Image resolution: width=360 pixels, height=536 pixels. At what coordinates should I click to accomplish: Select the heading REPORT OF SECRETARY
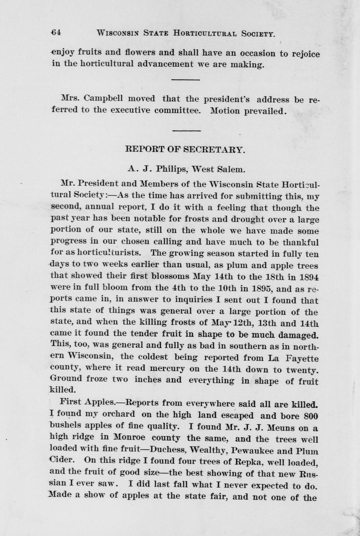click(x=184, y=149)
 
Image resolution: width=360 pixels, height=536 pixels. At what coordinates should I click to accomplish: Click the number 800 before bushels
click(x=310, y=416)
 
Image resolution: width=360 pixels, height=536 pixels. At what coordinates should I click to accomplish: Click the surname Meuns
click(x=287, y=428)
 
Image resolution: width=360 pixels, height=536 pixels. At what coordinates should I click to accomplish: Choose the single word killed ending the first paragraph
click(x=63, y=389)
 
